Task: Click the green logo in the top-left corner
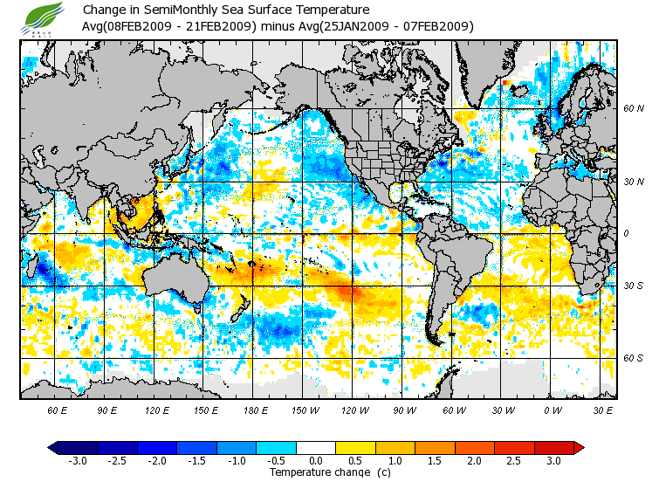pos(45,17)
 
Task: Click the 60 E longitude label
pos(58,409)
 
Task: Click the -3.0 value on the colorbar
pos(77,460)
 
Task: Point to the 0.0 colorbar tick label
pos(317,460)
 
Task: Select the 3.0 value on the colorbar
pos(554,460)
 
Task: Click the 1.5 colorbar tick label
pos(436,460)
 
